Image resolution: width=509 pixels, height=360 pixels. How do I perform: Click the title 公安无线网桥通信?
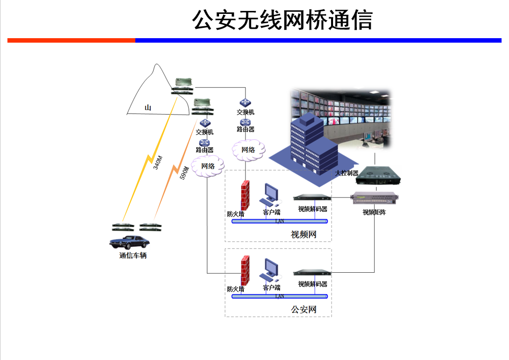tap(282, 20)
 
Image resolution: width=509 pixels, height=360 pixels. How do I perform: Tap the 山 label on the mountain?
tap(148, 108)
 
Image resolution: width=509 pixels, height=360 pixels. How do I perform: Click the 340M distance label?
tap(158, 162)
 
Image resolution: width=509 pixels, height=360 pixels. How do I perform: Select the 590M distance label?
tap(184, 172)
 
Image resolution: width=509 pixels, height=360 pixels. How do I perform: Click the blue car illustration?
tap(129, 242)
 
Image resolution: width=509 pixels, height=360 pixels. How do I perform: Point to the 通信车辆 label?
tap(133, 256)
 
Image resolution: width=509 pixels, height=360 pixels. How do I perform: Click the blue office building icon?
tap(312, 144)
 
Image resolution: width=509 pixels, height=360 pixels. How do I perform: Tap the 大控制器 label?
tap(346, 173)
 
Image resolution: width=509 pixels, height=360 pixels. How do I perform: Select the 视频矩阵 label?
tap(374, 212)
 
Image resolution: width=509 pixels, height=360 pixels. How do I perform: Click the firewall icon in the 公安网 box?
tap(244, 271)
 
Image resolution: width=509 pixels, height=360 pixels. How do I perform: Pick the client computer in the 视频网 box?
tap(271, 195)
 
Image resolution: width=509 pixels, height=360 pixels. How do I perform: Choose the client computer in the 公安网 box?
tap(271, 270)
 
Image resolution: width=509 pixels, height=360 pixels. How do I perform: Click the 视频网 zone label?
tap(303, 235)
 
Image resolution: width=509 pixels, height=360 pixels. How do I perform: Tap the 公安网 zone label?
tap(303, 310)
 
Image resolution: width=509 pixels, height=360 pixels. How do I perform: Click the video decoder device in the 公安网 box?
tap(312, 272)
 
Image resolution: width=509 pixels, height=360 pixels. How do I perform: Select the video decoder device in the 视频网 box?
tap(312, 197)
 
